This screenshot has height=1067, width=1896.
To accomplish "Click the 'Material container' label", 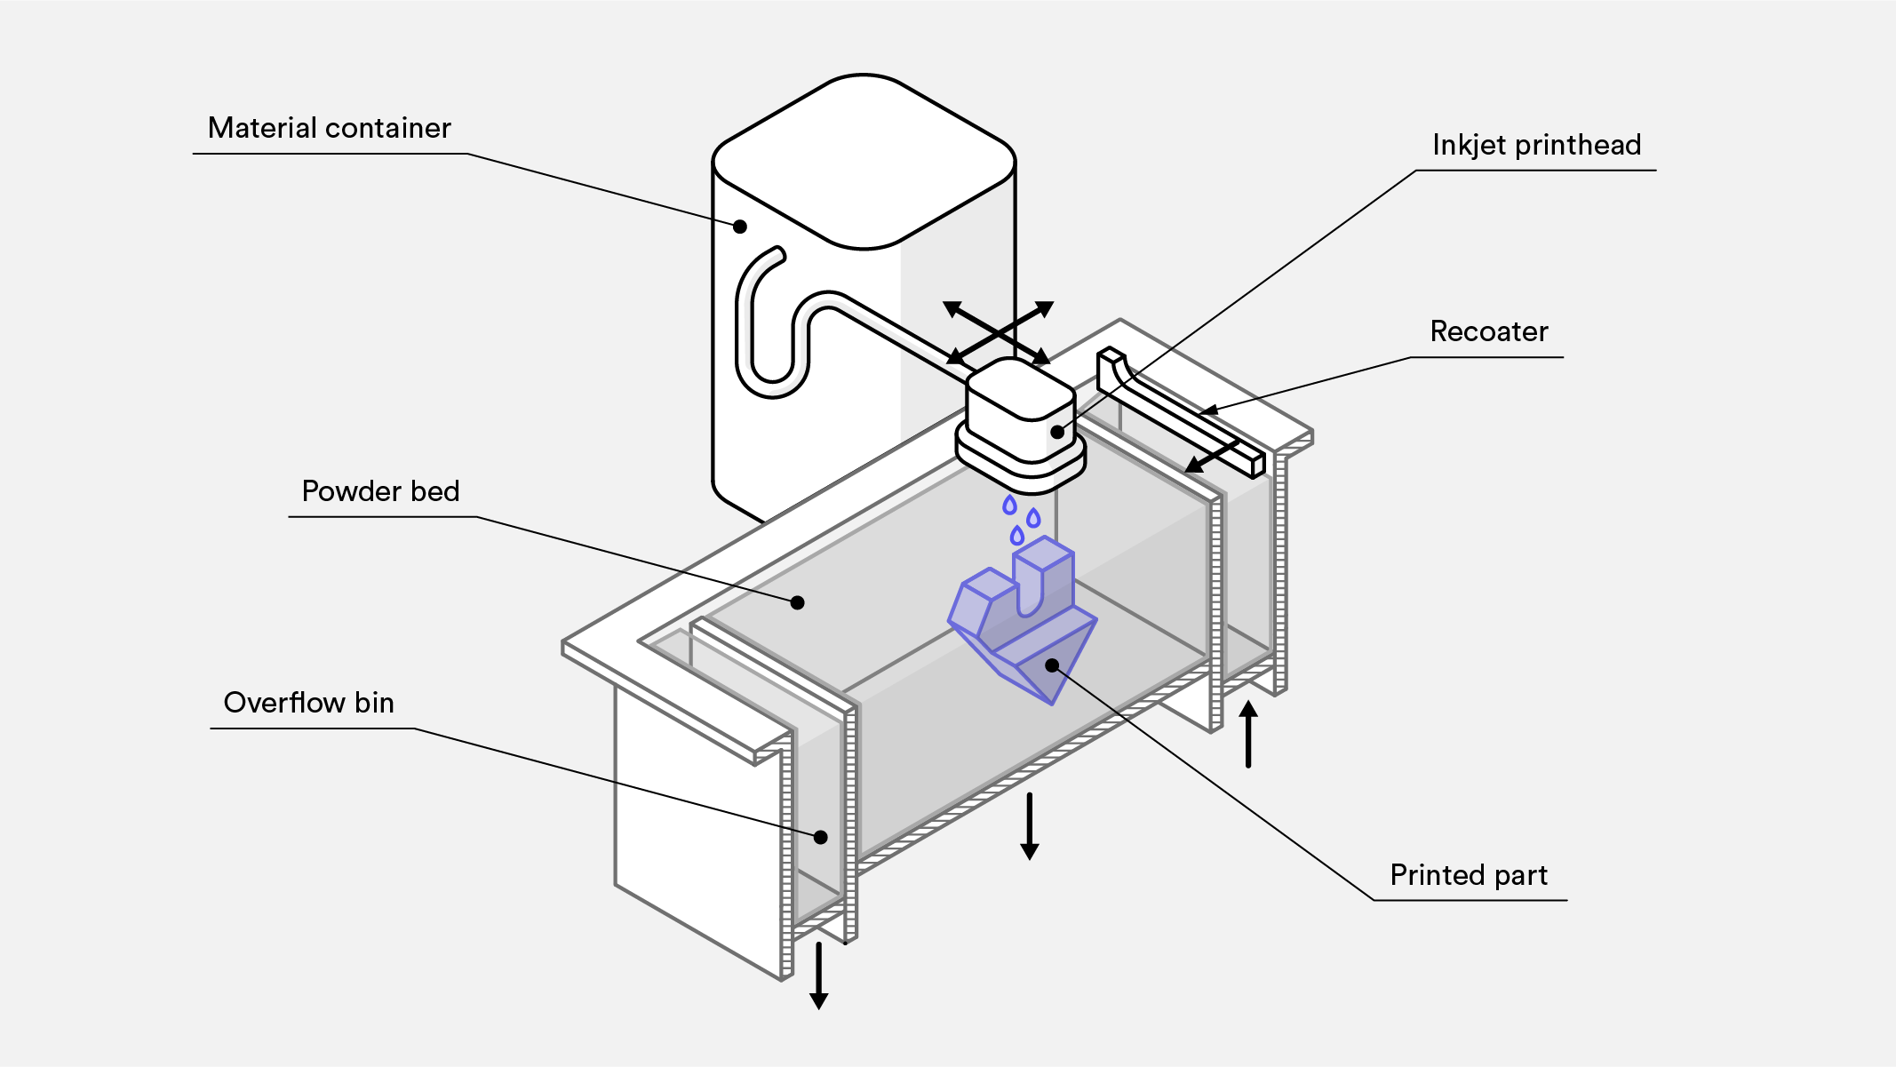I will [x=329, y=129].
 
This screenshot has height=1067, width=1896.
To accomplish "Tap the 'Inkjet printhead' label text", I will [x=1536, y=146].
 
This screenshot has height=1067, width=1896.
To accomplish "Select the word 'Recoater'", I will [x=1488, y=332].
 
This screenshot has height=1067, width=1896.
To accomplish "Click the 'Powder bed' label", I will [x=380, y=492].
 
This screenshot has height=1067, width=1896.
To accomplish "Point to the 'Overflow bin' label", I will [x=308, y=704].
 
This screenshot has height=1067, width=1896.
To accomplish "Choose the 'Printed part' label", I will [x=1469, y=876].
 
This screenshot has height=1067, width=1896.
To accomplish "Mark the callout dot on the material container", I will [x=740, y=227].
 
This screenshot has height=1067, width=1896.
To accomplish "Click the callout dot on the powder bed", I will [x=798, y=602].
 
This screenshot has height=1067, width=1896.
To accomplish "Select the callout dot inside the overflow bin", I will [x=821, y=837].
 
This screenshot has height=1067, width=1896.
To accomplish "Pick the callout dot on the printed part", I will [x=1052, y=665].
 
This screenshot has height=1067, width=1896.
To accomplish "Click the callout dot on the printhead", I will [x=1057, y=432].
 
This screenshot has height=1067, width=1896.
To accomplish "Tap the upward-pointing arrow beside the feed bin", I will [x=1248, y=733].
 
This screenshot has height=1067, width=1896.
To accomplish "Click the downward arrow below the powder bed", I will [x=1029, y=826].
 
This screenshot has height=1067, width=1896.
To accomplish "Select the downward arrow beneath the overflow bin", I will [x=818, y=975].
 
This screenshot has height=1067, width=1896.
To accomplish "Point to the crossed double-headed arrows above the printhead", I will [x=999, y=332].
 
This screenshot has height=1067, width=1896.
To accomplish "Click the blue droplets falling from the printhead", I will [x=1020, y=521].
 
